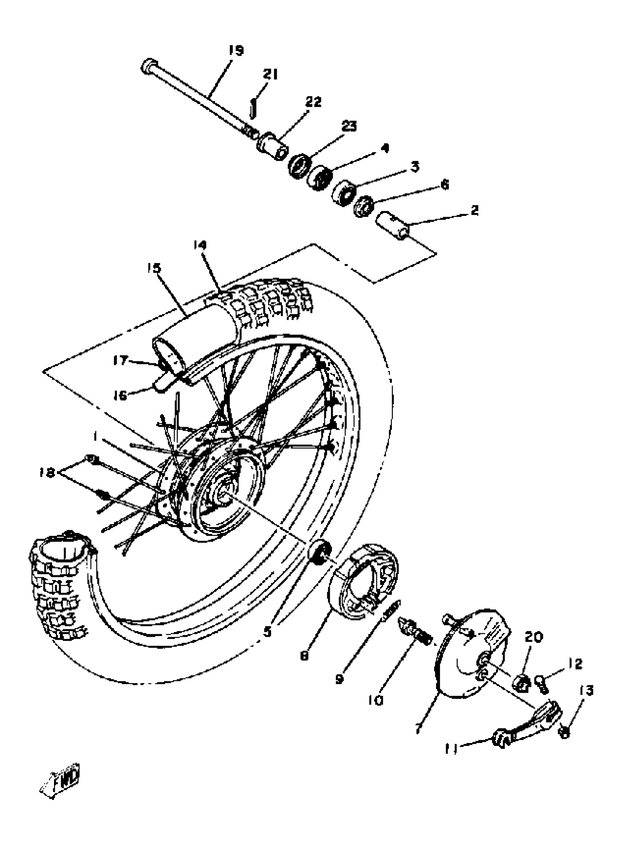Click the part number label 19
(236, 50)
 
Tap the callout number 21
(270, 75)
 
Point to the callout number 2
(474, 210)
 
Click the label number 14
(200, 245)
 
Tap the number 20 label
(533, 637)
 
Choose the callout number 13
(586, 690)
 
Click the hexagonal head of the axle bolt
(149, 66)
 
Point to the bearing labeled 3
(343, 193)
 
